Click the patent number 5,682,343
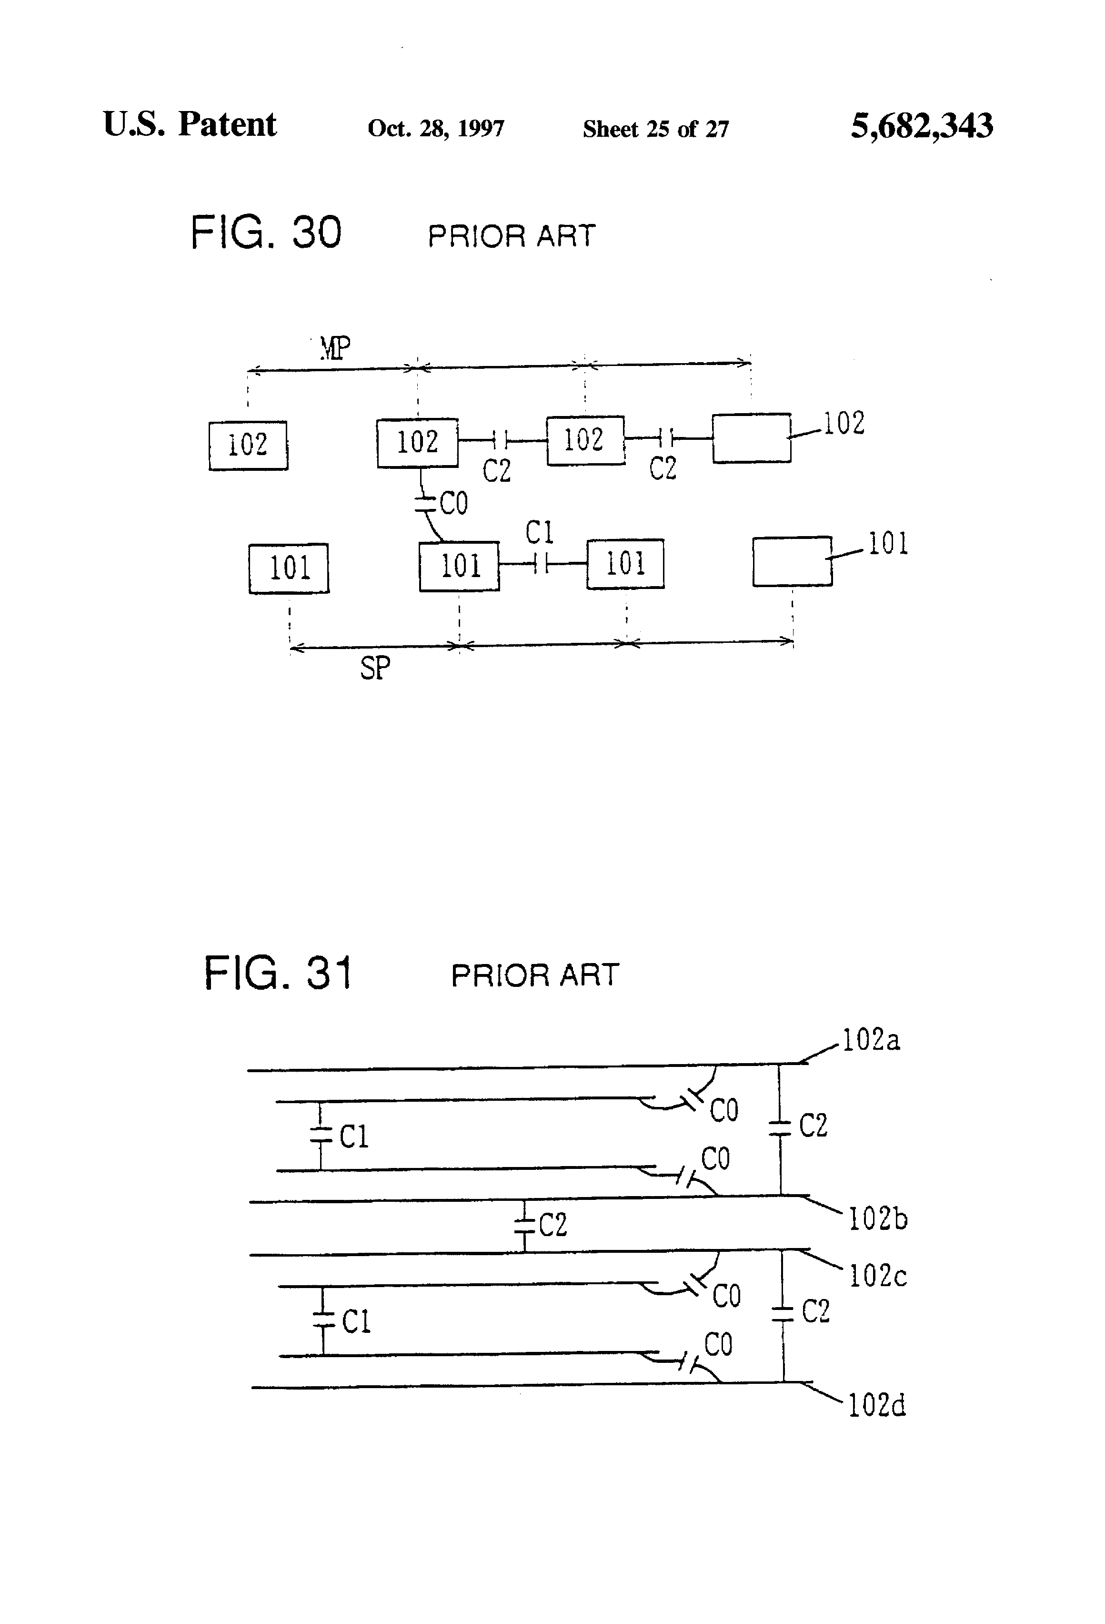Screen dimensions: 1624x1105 point(921,126)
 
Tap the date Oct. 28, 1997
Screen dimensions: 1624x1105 point(436,129)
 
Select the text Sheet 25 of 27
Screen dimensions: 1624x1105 point(655,129)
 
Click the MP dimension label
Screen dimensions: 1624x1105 point(335,347)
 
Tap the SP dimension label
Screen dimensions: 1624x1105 point(375,668)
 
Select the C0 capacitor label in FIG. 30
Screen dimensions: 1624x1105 point(453,503)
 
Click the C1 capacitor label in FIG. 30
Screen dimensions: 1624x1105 point(539,533)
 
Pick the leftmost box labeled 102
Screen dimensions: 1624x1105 point(248,445)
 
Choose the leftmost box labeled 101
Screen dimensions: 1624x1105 point(289,568)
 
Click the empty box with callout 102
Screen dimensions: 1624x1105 point(752,438)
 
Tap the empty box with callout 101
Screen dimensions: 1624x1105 point(792,561)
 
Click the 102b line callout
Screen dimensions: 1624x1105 point(878,1219)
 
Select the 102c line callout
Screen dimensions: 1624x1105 point(877,1276)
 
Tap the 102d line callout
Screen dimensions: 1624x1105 point(876,1405)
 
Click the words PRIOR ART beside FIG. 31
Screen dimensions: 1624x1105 point(535,975)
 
